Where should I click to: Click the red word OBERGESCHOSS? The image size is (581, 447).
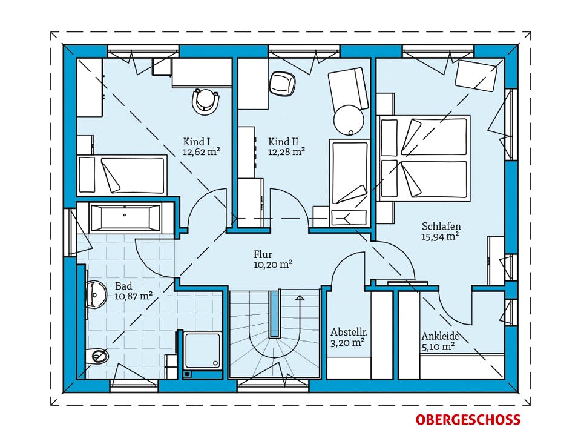pos(468,420)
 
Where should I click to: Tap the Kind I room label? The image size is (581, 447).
pos(197,142)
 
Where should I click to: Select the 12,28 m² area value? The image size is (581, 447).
pos(286,151)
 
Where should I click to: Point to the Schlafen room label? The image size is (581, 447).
pos(441,227)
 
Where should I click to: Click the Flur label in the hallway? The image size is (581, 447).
pos(263,254)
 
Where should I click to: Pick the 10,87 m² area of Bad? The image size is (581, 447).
pos(134,296)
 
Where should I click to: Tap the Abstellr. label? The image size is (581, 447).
pos(349,332)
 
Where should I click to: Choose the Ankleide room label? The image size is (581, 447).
pos(440,336)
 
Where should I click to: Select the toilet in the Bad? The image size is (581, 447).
pos(97,356)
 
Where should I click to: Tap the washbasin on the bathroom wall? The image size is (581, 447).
pos(96,294)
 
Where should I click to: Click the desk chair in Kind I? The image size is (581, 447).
pos(206,101)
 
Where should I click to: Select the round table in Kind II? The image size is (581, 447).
pos(349,120)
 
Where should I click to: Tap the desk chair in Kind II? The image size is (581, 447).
pos(282,83)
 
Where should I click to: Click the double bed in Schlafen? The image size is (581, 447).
pos(424,159)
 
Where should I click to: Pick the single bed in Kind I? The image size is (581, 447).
pos(122,175)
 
